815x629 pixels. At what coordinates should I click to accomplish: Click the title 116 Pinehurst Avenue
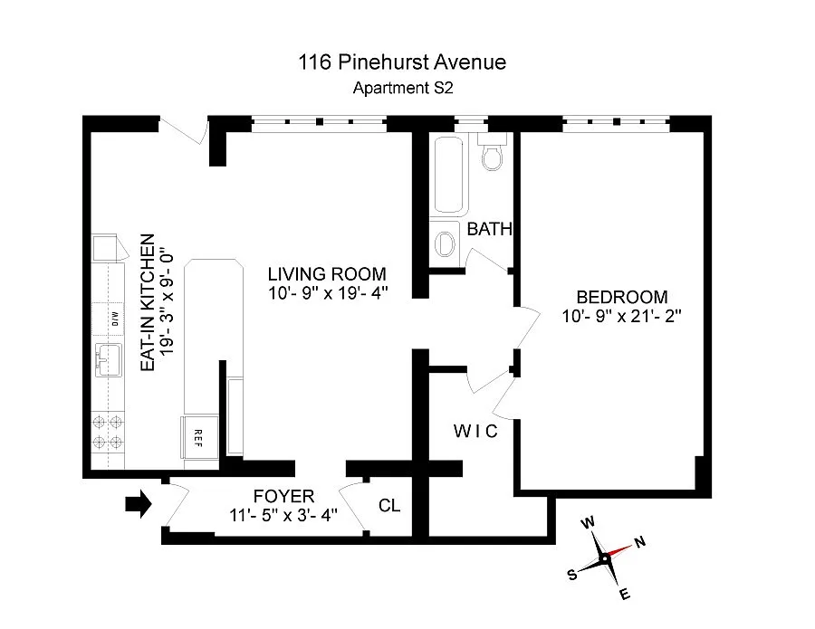click(x=401, y=62)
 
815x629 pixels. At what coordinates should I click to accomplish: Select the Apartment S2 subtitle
click(x=401, y=88)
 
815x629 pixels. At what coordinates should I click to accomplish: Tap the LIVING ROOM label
click(x=327, y=274)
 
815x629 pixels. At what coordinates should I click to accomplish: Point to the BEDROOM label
click(x=622, y=297)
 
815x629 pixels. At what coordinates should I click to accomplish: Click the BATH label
click(x=489, y=230)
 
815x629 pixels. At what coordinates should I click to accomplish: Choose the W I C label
click(x=475, y=431)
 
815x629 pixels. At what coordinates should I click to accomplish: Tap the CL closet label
click(x=389, y=505)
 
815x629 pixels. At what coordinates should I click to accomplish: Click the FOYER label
click(x=283, y=496)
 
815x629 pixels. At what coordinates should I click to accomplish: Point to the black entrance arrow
click(x=138, y=505)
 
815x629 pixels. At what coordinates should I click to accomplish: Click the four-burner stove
click(x=108, y=432)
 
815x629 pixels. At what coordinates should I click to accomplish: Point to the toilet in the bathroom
click(x=493, y=156)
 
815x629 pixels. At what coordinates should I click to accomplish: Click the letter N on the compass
click(x=640, y=542)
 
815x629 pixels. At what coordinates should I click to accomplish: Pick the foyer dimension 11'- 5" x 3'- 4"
click(x=283, y=516)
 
